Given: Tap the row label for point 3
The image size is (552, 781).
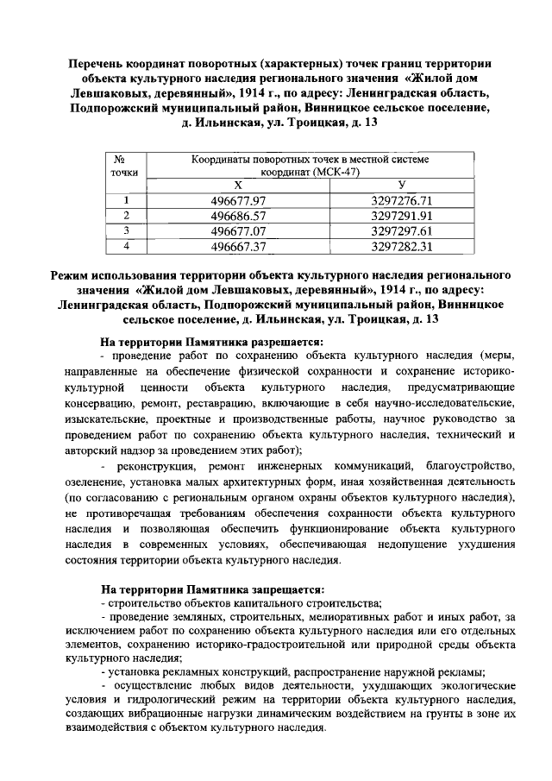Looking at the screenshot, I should coord(126,231).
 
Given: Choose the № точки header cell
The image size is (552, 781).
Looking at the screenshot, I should coord(126,166).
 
